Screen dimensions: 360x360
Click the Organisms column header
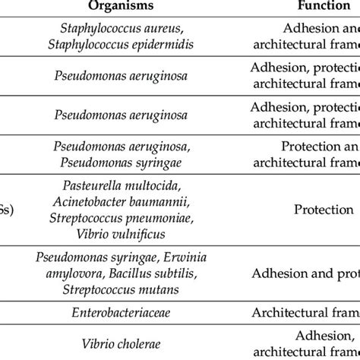pos(131,7)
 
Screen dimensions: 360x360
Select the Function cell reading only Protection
pos(315,209)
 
